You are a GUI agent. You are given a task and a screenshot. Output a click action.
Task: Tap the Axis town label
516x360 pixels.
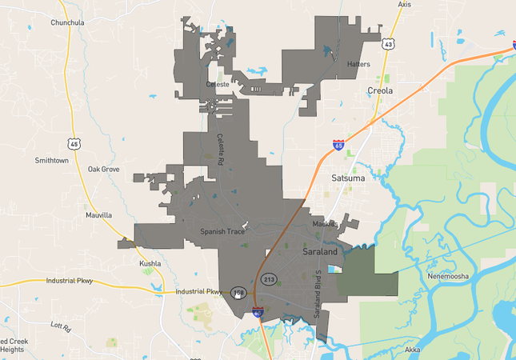[x=404, y=5]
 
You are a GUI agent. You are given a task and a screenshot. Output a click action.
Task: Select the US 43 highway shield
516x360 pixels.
[x=387, y=45]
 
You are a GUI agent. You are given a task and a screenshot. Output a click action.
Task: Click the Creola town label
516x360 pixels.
[x=380, y=90]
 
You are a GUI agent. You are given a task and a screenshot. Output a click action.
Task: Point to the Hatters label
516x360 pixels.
[x=358, y=63]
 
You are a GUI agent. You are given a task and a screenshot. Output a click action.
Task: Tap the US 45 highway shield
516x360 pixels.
[x=74, y=144]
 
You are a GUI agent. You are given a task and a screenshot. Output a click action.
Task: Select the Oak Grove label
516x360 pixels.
[x=103, y=170]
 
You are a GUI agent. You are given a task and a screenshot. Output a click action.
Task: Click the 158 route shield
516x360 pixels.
[x=238, y=293]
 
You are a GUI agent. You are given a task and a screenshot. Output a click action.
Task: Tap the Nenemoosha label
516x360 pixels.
[x=448, y=277]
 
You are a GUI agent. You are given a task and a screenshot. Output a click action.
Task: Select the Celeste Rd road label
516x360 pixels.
[x=220, y=148]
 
